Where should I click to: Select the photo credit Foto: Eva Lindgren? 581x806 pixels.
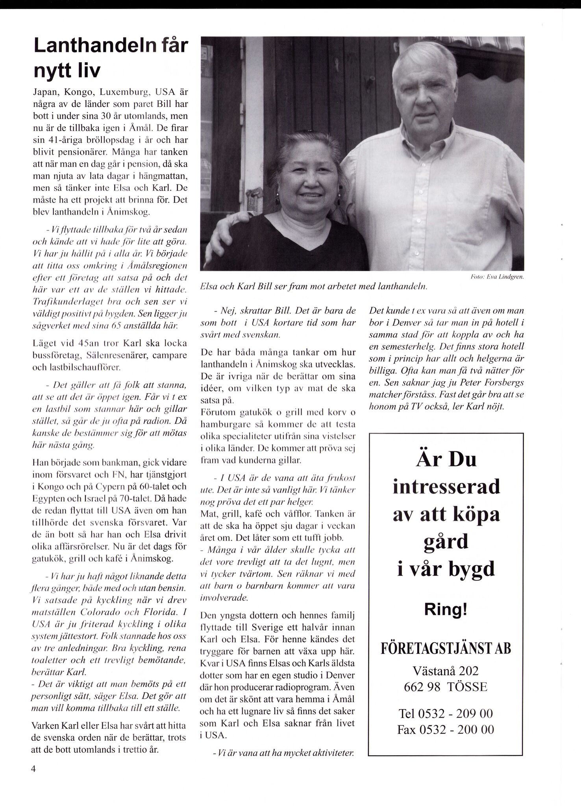(x=497, y=277)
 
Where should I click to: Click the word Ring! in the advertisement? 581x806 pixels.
(x=446, y=610)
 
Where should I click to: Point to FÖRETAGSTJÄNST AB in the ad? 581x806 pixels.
(x=446, y=648)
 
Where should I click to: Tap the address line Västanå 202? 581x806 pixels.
(x=446, y=670)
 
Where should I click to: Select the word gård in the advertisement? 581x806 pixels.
(x=446, y=542)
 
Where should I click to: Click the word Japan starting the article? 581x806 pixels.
(x=46, y=94)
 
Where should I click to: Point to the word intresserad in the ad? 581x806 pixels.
(x=446, y=487)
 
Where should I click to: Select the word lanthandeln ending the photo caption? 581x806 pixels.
(x=403, y=287)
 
